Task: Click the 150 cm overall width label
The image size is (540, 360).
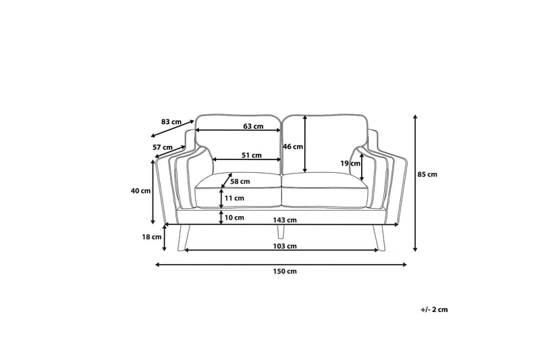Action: click(x=283, y=272)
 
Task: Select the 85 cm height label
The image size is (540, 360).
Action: click(x=427, y=174)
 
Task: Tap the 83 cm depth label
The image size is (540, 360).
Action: click(x=171, y=122)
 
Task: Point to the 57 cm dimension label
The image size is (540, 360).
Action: click(x=161, y=147)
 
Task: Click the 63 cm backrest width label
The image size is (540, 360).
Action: click(x=252, y=126)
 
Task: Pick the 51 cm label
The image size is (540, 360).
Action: click(x=252, y=155)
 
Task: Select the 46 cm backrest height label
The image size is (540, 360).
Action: click(x=292, y=147)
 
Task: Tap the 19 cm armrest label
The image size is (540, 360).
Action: click(x=350, y=163)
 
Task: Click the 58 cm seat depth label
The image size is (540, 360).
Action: click(x=240, y=181)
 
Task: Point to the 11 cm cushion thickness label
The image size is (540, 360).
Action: click(x=234, y=198)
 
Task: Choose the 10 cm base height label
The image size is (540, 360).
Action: click(x=234, y=217)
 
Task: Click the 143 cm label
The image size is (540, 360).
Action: click(x=286, y=220)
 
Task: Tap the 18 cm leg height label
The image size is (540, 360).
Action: click(x=152, y=236)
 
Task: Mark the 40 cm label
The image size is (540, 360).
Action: click(x=140, y=190)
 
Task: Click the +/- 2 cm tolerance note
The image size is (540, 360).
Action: click(x=434, y=309)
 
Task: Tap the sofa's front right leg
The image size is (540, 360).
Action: click(x=378, y=237)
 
